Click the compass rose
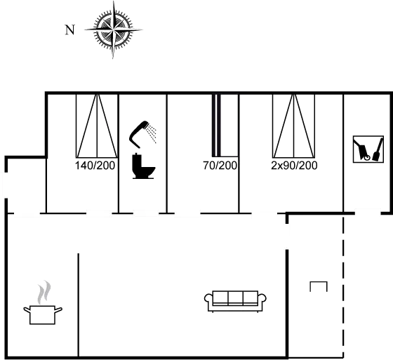113,29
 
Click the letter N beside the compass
70,30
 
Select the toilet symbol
143,166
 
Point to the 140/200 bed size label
95,166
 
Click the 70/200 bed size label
220,166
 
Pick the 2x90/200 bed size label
294,166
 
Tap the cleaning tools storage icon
368,149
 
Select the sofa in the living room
235,301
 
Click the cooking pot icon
43,314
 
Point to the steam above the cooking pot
44,292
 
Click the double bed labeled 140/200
97,126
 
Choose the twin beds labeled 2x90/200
294,126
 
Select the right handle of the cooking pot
58,310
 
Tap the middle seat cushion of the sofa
236,298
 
